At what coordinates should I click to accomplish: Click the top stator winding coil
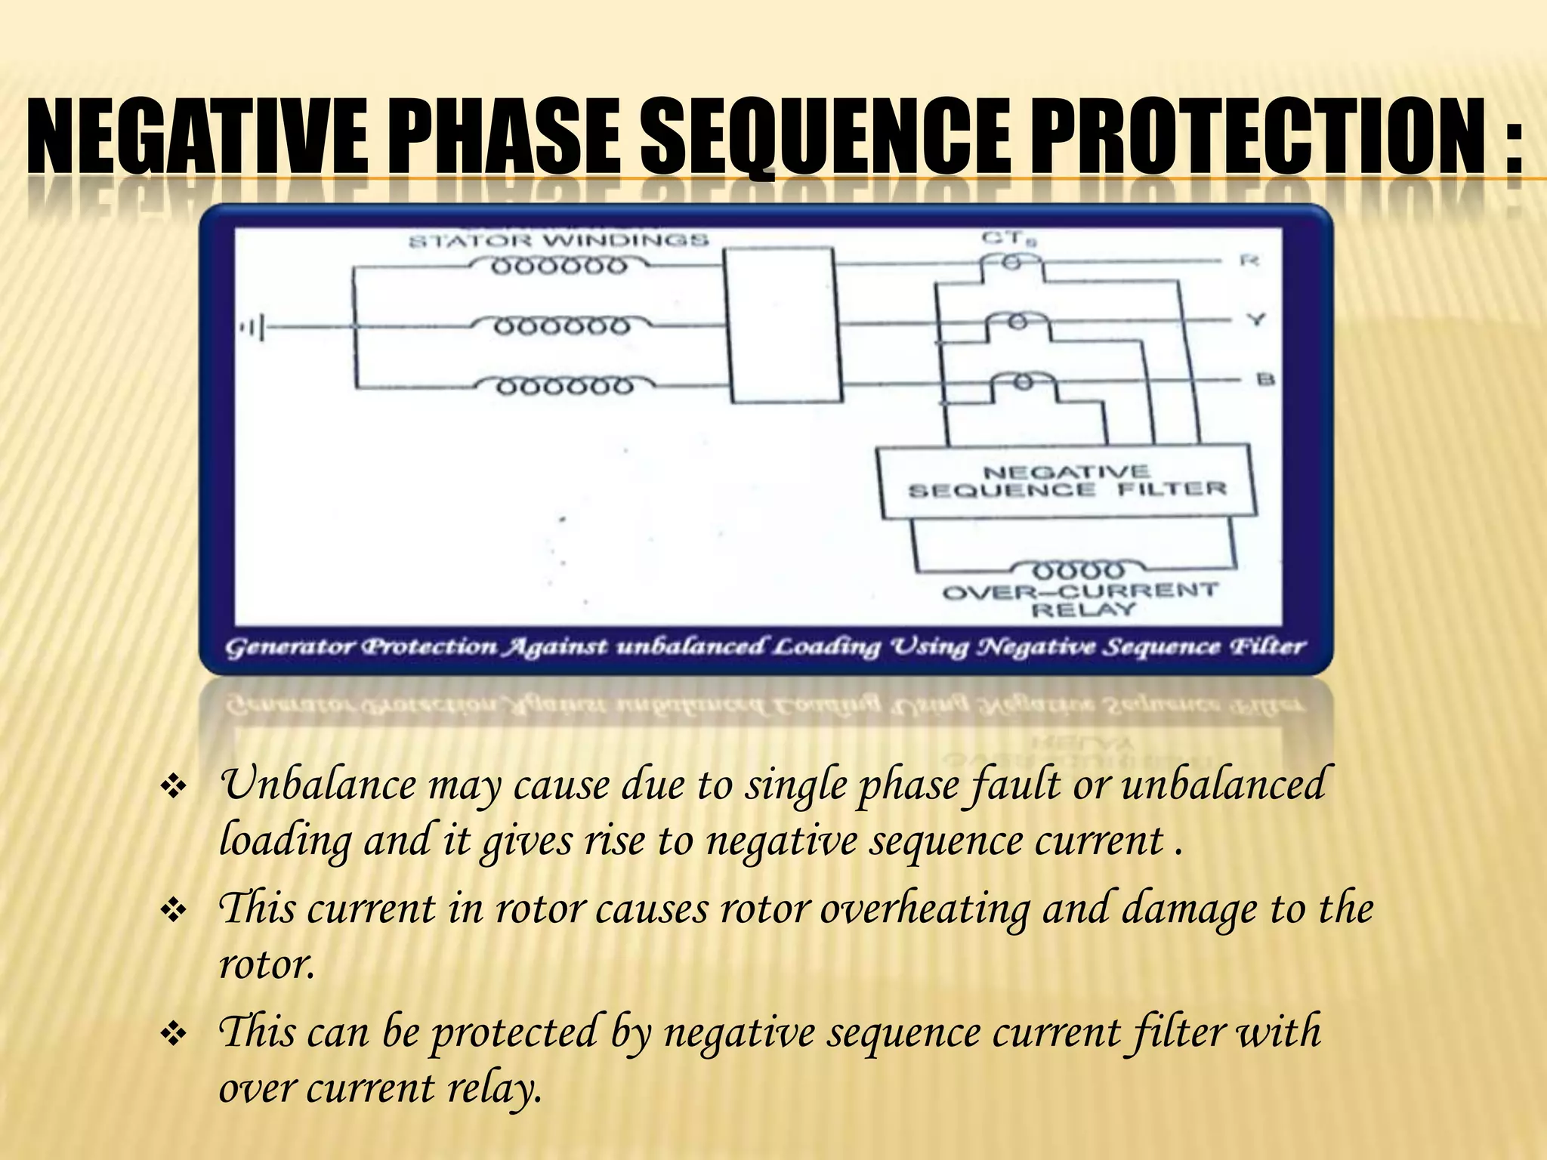(560, 267)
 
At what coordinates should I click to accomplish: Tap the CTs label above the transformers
(1009, 239)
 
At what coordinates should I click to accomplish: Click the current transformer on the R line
(1011, 262)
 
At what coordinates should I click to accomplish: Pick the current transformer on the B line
(1021, 382)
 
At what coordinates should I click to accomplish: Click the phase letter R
(1249, 261)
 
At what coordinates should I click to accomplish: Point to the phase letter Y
(1255, 320)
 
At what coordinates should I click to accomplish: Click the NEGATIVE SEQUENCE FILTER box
(1066, 482)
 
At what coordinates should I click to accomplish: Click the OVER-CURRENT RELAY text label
(1080, 599)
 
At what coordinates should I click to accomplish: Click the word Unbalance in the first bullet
(317, 785)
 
